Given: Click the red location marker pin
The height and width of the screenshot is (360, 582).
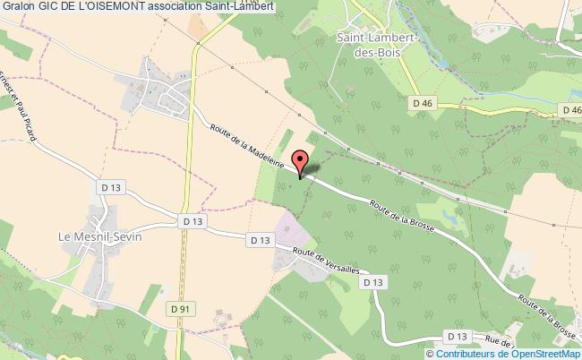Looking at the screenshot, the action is [300, 164].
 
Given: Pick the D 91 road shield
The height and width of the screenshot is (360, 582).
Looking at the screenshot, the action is [182, 309].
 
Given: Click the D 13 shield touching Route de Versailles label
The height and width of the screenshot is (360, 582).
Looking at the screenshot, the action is [374, 282].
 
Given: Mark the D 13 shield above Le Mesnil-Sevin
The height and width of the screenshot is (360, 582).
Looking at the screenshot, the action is [105, 185].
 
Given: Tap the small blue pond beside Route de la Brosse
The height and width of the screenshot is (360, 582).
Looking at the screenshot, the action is [450, 215].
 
